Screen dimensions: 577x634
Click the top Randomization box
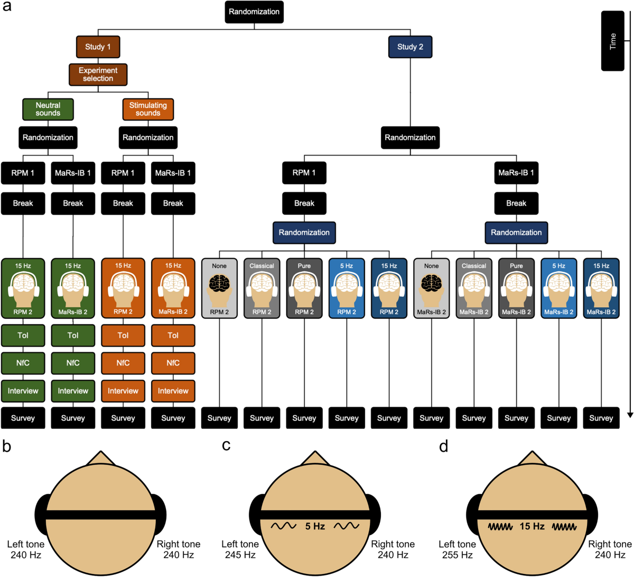pos(254,12)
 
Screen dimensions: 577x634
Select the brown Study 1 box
pos(98,47)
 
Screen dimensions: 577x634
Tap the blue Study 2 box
pos(410,47)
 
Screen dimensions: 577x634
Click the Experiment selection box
pos(98,74)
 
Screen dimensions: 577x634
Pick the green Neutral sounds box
pos(48,109)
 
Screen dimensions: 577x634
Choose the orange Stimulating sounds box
pos(148,109)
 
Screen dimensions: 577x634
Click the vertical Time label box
pos(613,41)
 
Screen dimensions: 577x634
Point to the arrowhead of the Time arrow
pos(630,415)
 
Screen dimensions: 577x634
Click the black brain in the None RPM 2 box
pos(219,285)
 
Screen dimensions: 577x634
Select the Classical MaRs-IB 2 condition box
pos(474,288)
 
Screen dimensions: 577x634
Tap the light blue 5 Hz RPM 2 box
pos(347,288)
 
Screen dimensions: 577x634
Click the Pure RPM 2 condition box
pos(304,288)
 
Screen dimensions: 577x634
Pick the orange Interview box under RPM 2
pos(123,391)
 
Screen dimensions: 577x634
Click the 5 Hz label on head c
pos(315,526)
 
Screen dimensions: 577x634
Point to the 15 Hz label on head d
pos(532,526)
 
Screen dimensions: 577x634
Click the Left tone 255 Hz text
pos(457,549)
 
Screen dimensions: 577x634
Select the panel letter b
pos(7,446)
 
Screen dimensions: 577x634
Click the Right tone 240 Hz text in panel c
pos(393,549)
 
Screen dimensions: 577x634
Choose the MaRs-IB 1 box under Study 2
pos(516,172)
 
